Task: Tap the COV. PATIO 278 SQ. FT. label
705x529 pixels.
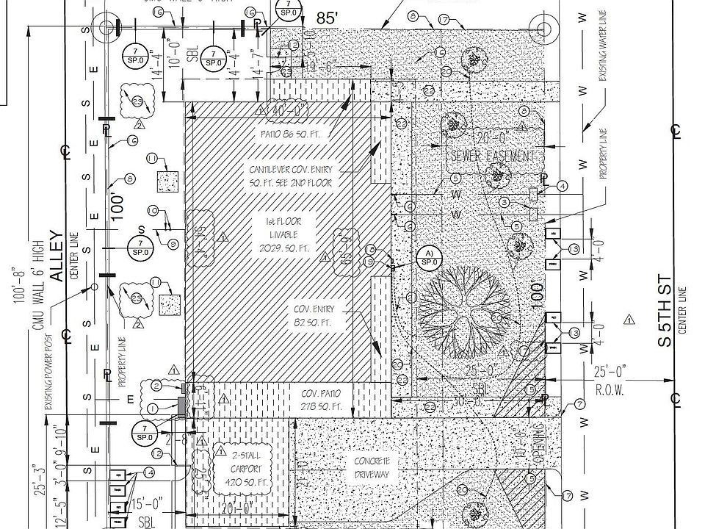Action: (322, 400)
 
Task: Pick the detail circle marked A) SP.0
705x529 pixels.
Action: (429, 258)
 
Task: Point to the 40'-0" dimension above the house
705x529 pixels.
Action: (289, 111)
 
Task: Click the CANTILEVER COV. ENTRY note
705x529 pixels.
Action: (291, 176)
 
